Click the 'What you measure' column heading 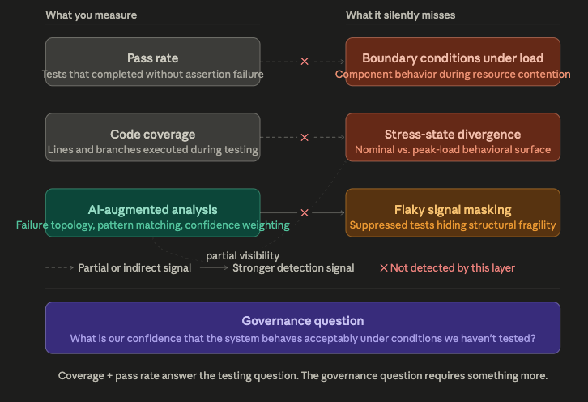92,15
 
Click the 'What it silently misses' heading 400,15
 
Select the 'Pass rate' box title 152,58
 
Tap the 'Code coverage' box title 152,135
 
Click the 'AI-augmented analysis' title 152,210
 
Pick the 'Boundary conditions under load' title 453,58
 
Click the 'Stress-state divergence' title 453,135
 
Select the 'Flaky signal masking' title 453,210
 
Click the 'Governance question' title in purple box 302,321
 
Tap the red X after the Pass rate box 305,62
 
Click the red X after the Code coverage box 305,137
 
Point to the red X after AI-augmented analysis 305,213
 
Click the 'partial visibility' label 243,255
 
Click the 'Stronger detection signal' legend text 293,268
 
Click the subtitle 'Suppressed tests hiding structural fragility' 453,225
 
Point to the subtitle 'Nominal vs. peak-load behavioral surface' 453,150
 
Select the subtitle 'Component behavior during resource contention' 453,75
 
